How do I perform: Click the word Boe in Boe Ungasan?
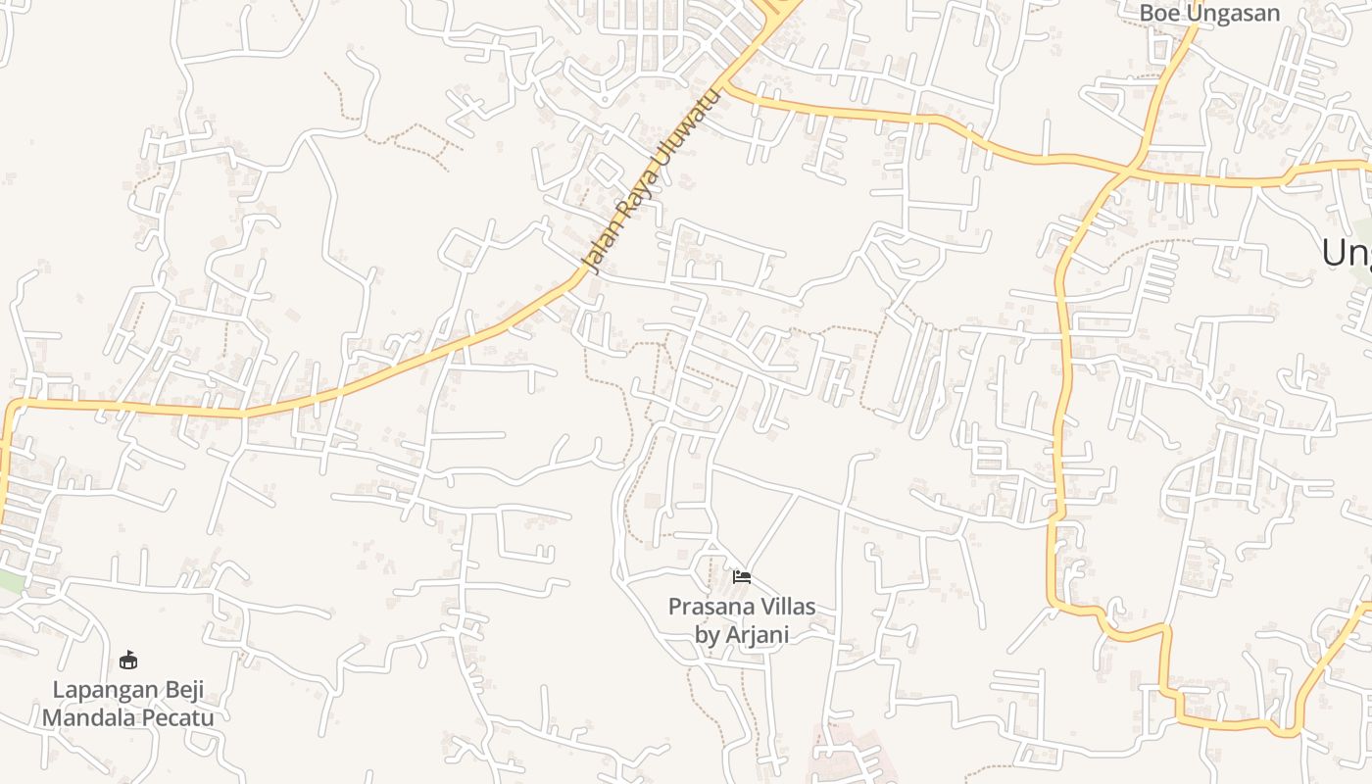(1159, 13)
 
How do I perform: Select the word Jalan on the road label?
(600, 246)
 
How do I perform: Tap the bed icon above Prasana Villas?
(742, 576)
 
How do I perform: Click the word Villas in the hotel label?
(785, 607)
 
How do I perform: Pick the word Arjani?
(758, 635)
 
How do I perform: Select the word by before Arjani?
(708, 635)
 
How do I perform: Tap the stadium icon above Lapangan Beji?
(127, 660)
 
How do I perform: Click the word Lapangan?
(102, 690)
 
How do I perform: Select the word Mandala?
(82, 717)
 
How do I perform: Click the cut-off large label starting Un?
(1347, 253)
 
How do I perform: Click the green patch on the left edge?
(10, 580)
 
